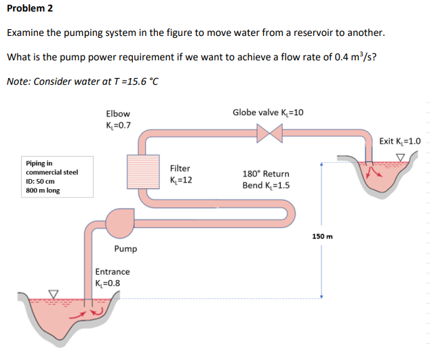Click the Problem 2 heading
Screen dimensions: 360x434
pyautogui.click(x=30, y=9)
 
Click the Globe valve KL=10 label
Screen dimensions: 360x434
pyautogui.click(x=268, y=112)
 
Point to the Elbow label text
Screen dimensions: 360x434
pyautogui.click(x=118, y=114)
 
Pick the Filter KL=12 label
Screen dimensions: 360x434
pyautogui.click(x=181, y=174)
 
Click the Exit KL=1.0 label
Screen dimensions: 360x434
pyautogui.click(x=399, y=142)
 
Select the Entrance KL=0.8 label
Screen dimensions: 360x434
pyautogui.click(x=113, y=277)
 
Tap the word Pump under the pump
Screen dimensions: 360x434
pyautogui.click(x=126, y=249)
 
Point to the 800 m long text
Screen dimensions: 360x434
pyautogui.click(x=43, y=191)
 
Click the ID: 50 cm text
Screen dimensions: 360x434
pyautogui.click(x=41, y=181)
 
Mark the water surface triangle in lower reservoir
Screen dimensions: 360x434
pyautogui.click(x=53, y=294)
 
